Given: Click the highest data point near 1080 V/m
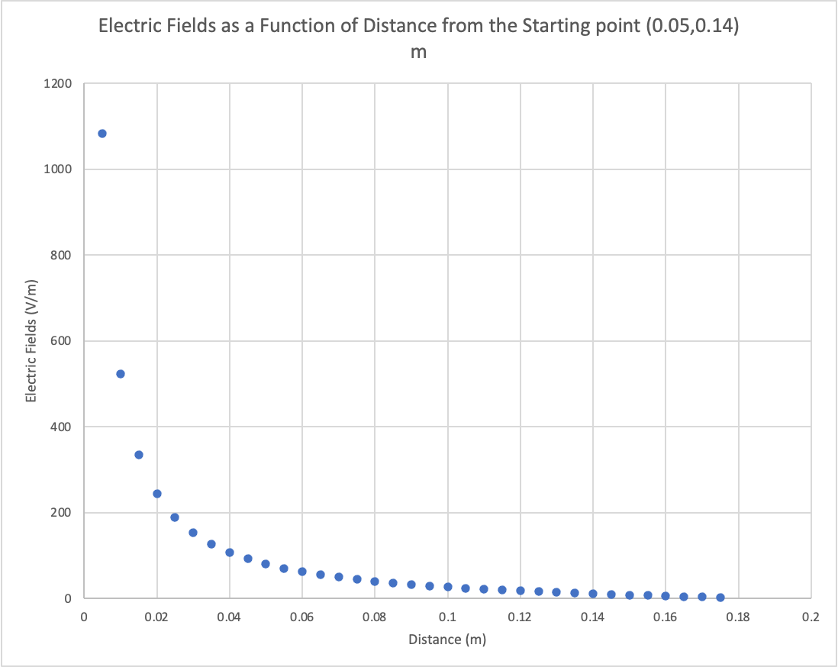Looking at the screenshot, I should (x=102, y=134).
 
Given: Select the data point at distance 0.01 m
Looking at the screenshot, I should (x=121, y=374).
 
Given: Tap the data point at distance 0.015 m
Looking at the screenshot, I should (x=139, y=455).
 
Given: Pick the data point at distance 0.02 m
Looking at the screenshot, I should (x=157, y=494).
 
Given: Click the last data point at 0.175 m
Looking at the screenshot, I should (x=720, y=598).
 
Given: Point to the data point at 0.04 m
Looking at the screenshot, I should (x=230, y=553).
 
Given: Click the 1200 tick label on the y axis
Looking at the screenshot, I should (x=58, y=83).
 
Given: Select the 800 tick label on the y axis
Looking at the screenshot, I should (x=61, y=255).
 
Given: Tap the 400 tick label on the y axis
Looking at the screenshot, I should (x=61, y=427).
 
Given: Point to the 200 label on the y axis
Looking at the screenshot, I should (x=61, y=513).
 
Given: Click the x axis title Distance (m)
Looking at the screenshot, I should (x=447, y=640).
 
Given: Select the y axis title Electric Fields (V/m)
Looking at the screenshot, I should (x=31, y=341).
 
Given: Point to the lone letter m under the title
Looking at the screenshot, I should (x=418, y=53).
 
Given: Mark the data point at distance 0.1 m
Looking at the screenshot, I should (x=448, y=587).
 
